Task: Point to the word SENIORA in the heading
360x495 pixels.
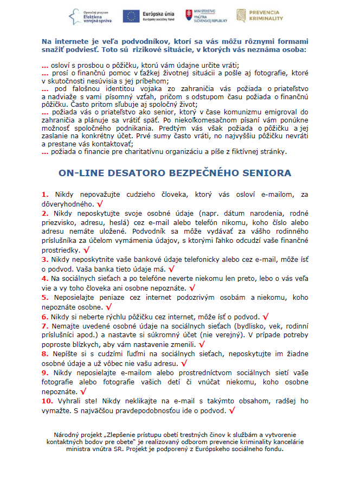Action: (x=265, y=173)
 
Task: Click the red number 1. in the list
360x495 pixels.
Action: (x=44, y=194)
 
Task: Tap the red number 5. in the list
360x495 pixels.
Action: (x=44, y=297)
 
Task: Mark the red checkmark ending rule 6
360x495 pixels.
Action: (x=266, y=316)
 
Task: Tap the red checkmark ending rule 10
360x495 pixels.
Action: (x=232, y=411)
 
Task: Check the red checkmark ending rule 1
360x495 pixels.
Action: (x=100, y=205)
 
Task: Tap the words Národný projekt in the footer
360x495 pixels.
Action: (x=75, y=435)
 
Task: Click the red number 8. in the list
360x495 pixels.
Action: (x=44, y=353)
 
